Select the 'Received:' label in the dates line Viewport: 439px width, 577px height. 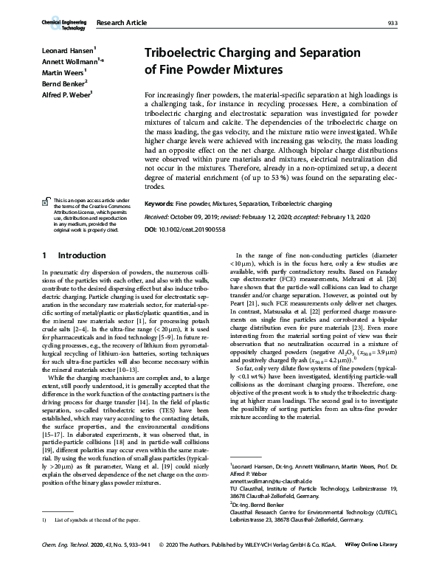coord(162,218)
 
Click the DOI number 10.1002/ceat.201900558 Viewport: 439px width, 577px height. coord(206,230)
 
